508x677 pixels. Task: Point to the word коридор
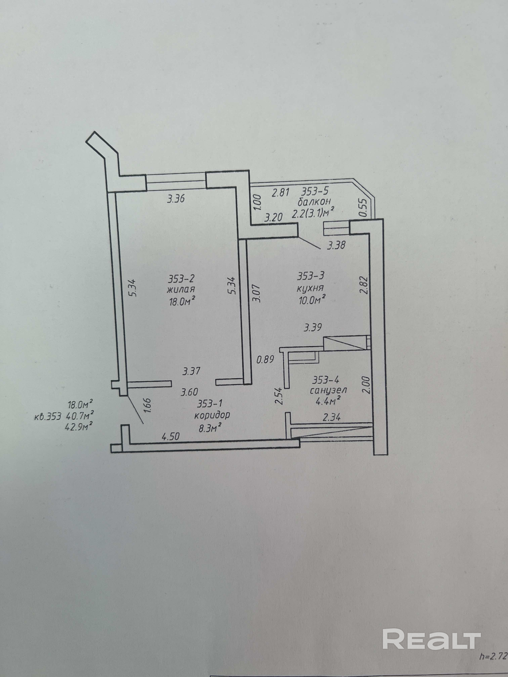point(212,415)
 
